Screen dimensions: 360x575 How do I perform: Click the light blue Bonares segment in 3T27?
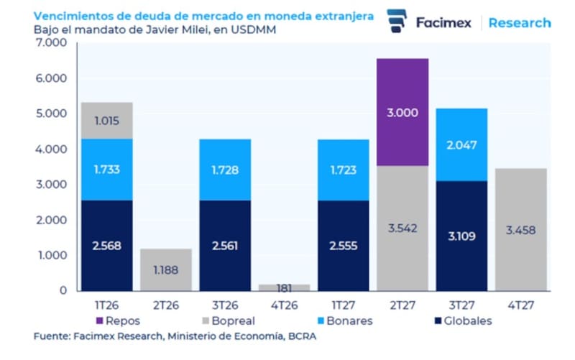(x=461, y=145)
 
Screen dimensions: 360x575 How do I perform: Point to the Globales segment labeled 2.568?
(x=106, y=246)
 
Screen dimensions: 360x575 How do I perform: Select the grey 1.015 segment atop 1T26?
(x=106, y=121)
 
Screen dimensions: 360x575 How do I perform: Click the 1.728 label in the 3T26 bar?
(x=225, y=171)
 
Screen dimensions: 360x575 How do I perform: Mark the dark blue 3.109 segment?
(x=461, y=236)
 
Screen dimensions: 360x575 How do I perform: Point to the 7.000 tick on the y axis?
(x=50, y=43)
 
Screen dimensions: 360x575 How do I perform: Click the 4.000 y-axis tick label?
(x=50, y=149)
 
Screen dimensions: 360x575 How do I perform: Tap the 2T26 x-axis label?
(x=165, y=305)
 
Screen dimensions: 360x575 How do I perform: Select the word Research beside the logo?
(x=520, y=22)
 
